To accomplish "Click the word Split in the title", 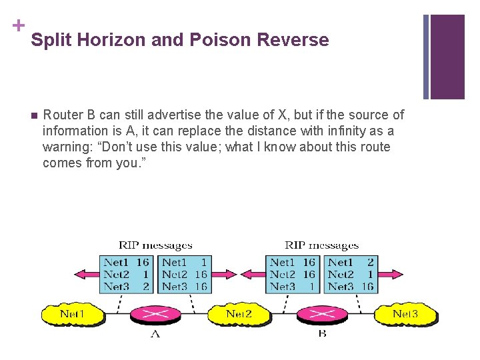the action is click(51, 40).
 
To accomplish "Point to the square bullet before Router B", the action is click(34, 115).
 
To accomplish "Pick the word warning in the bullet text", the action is click(69, 147).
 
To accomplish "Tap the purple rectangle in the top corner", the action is click(447, 56).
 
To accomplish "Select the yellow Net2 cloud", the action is click(239, 313).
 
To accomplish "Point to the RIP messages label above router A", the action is click(155, 246).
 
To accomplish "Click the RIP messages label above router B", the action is click(321, 246).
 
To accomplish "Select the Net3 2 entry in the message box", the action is click(126, 287).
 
